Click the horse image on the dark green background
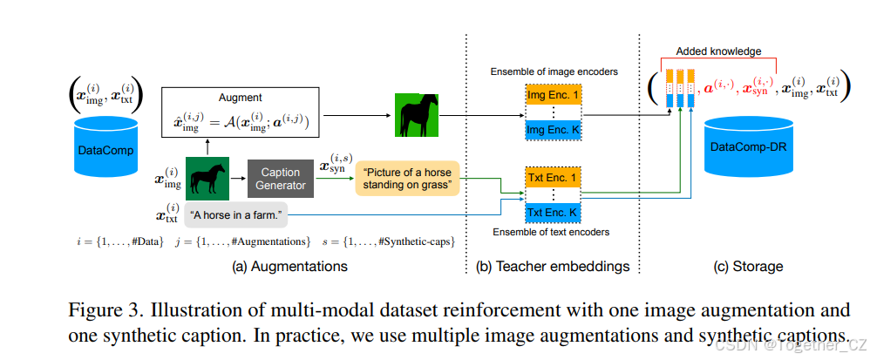click(x=207, y=178)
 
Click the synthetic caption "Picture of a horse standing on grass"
click(x=406, y=178)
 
